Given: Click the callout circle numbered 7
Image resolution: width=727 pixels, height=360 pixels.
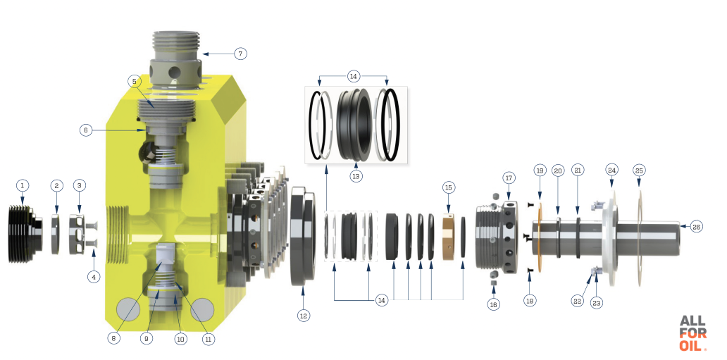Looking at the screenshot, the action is tap(240, 54).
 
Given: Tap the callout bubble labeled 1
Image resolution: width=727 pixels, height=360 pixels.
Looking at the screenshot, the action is tap(22, 186).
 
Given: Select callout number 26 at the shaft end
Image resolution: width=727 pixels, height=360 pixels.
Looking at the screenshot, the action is tap(697, 227).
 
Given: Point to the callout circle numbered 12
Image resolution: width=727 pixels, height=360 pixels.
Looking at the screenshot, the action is tap(303, 316).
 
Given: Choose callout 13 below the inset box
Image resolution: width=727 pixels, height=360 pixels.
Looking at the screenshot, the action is tap(356, 176).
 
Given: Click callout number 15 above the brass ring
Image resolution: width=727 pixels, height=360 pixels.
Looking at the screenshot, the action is tap(448, 188).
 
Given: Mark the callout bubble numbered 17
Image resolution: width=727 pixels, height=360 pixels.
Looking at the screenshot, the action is tap(509, 178).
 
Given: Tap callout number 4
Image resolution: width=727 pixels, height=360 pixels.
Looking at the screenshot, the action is tap(94, 277).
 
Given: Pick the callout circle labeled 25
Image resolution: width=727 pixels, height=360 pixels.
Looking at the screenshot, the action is tap(639, 170).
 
